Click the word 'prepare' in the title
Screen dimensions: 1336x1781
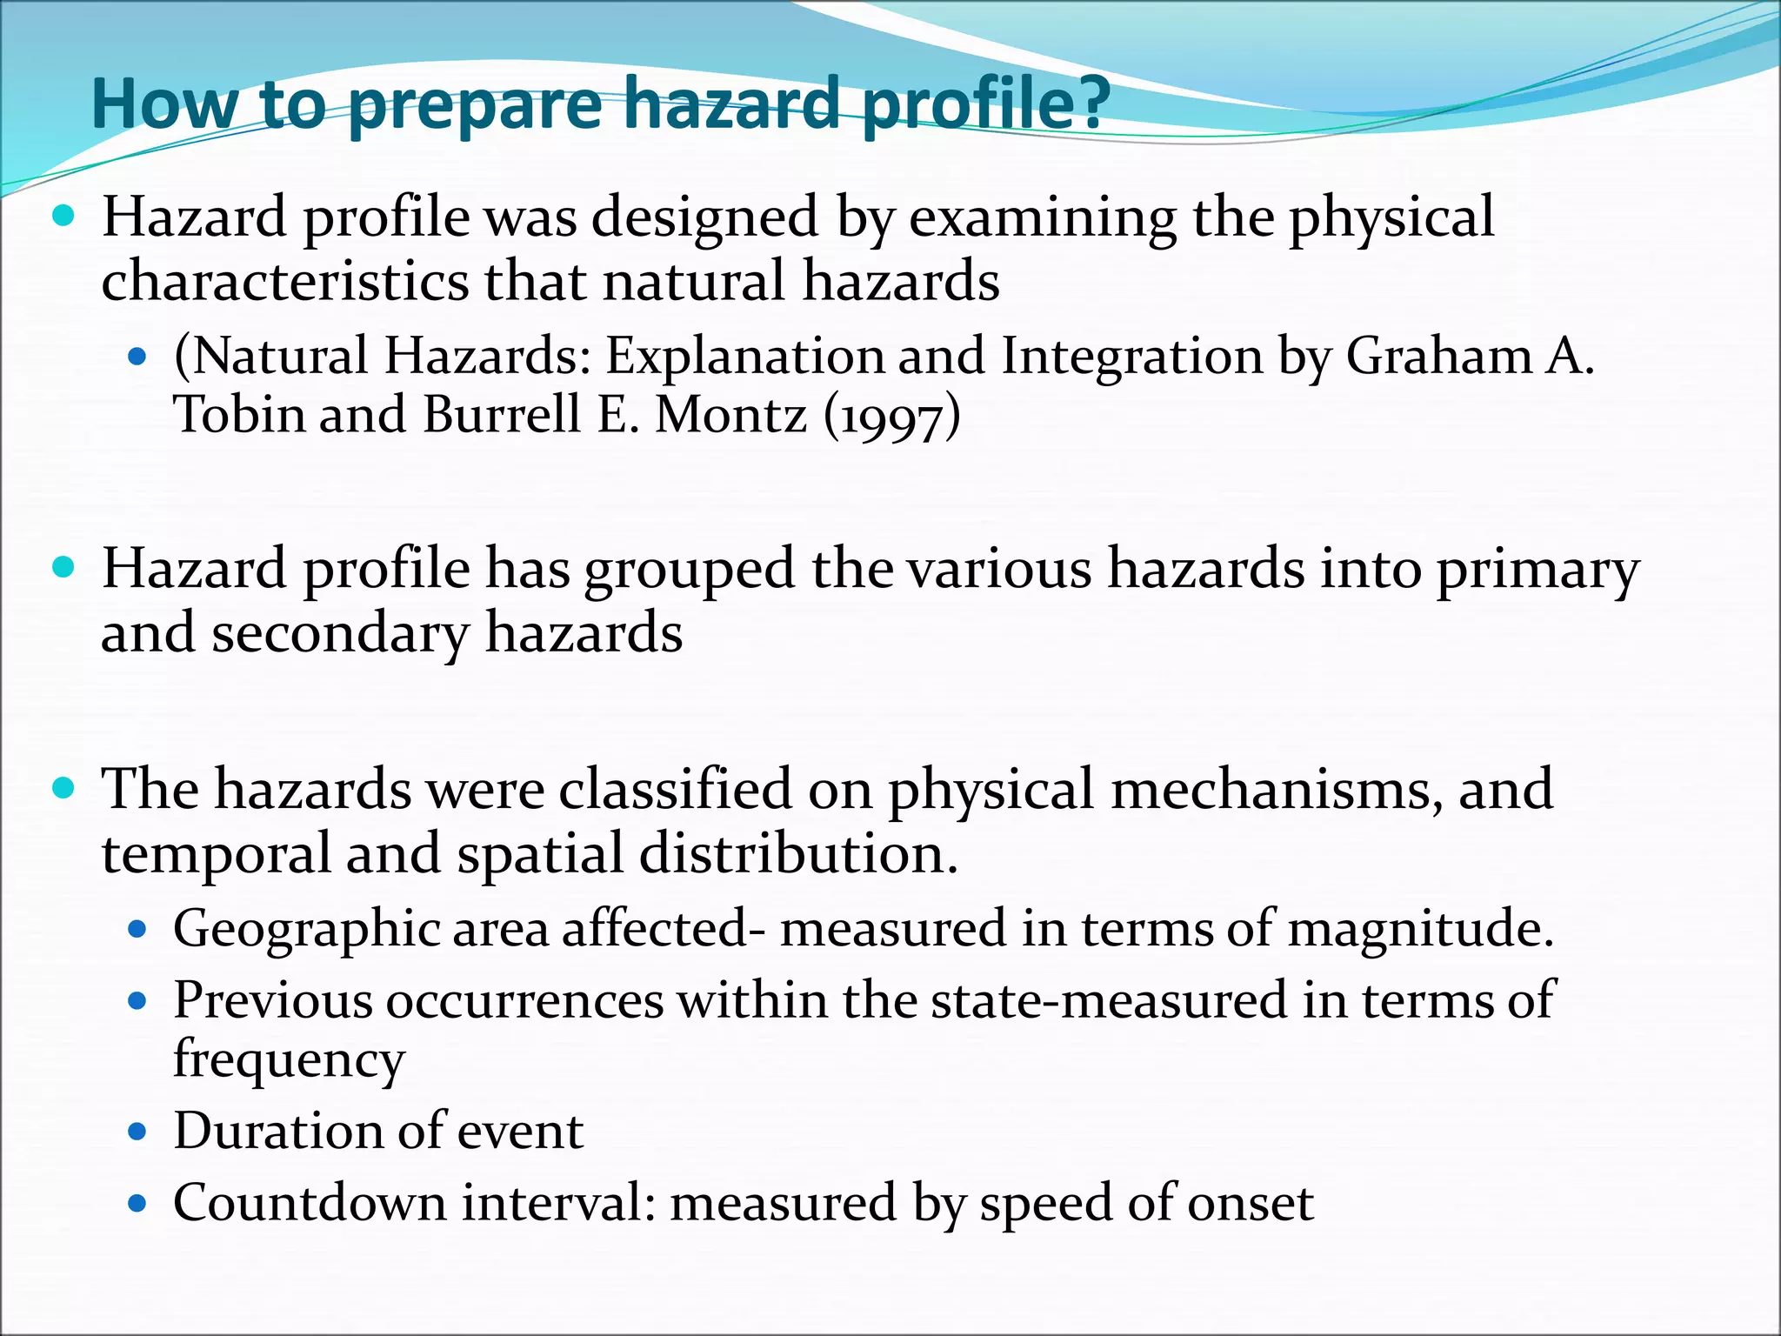[474, 106]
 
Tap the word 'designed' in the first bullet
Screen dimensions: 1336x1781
[704, 217]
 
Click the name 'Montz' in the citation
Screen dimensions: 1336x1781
[730, 415]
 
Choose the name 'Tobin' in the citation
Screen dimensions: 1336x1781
[238, 415]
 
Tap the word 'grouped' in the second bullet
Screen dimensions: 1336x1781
[689, 571]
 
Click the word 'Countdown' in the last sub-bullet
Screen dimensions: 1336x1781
[309, 1204]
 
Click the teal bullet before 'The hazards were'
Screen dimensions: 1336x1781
[64, 789]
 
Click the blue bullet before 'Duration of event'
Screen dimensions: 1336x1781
[137, 1132]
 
